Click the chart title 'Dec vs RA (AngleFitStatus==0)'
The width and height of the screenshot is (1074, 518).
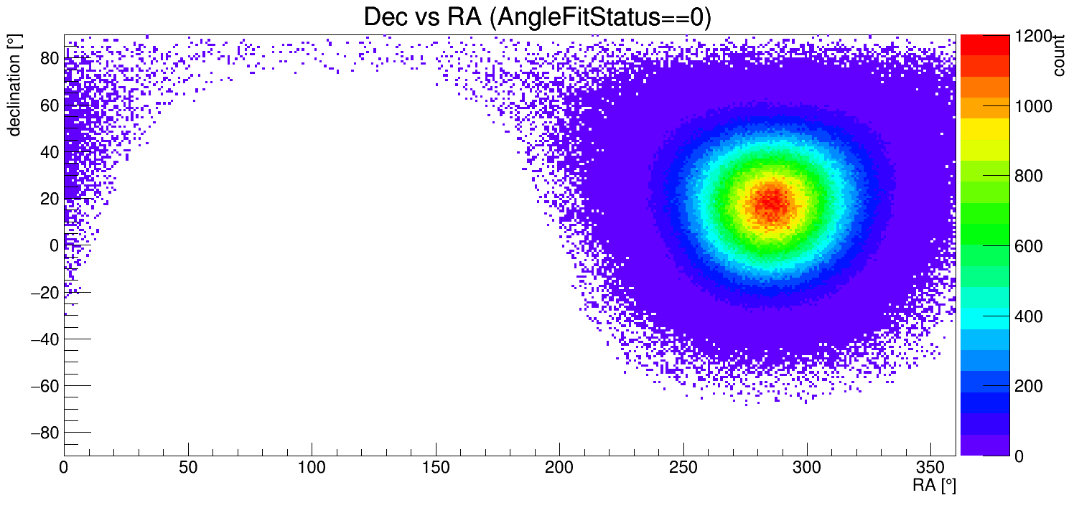537,17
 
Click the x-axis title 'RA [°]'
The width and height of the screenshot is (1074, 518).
934,486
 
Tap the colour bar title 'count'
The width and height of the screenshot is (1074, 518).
1058,57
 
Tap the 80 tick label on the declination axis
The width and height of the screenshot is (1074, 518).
48,59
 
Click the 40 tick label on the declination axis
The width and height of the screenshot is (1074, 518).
48,152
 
